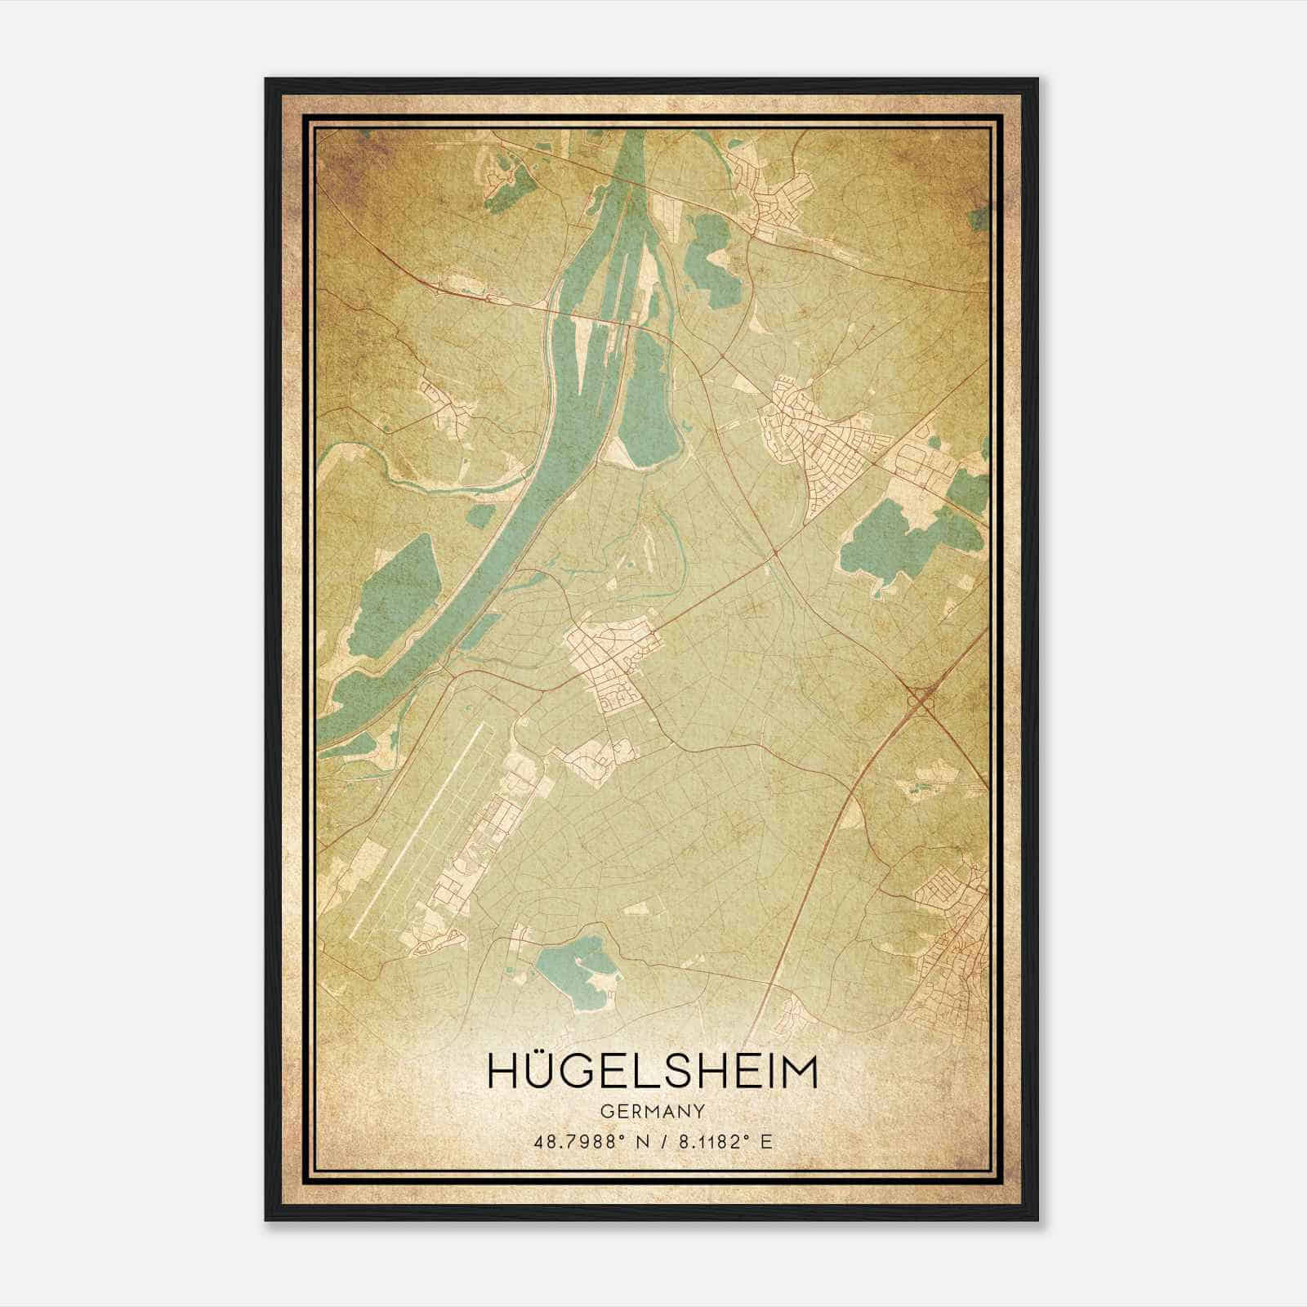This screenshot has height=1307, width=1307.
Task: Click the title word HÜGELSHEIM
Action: [x=651, y=1072]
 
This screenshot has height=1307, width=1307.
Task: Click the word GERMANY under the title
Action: [x=651, y=1112]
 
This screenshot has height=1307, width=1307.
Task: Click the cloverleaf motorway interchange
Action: [x=921, y=699]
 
